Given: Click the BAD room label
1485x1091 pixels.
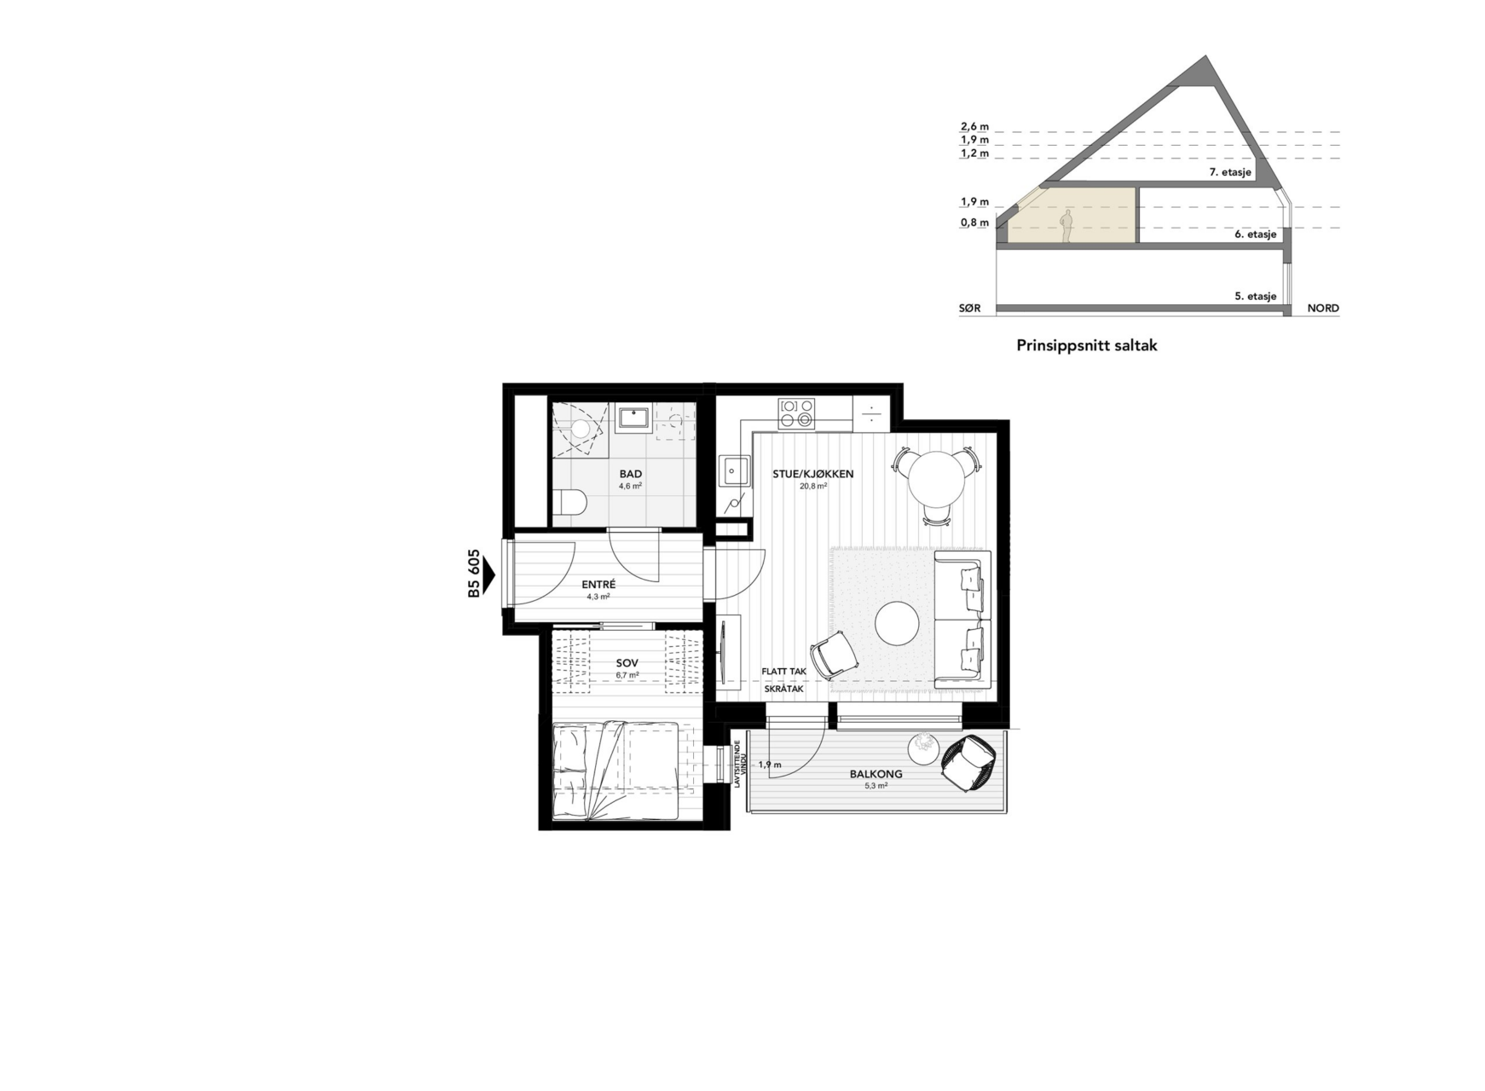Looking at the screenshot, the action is coord(631,474).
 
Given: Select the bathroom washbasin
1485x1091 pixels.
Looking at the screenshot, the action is coord(633,419).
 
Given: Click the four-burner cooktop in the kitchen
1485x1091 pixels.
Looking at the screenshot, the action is coord(796,413).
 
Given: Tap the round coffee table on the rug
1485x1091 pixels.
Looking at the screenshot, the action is coord(897,624).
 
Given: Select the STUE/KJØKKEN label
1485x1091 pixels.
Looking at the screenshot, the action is coord(813,474).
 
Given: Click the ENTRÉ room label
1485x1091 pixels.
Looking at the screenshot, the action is coord(598,585).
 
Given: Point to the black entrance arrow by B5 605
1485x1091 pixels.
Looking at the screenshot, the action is coord(488,574).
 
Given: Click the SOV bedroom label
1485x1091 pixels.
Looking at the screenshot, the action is coord(627,663).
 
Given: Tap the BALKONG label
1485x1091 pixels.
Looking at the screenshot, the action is coord(875,775).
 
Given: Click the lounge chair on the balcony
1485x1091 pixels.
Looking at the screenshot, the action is coord(968,764).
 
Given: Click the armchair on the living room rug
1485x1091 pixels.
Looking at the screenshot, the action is coord(834,655).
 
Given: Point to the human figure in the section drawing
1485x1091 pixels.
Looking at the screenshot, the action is coord(1066,228).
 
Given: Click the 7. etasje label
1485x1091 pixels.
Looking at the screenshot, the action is coord(1230,172).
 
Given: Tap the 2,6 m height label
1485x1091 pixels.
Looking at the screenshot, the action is coord(974,127).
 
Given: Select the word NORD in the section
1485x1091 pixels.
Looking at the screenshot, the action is coord(1323,309).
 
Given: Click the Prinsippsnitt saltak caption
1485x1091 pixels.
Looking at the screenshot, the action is coord(1087,346).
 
